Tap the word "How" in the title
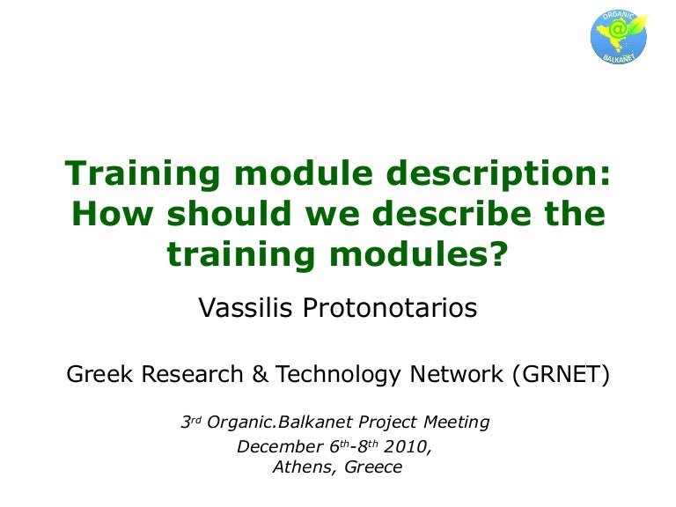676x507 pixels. coord(104,214)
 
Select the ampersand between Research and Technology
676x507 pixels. coord(260,374)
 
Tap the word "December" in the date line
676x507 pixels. coord(275,446)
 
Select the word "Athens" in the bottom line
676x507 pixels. coord(304,468)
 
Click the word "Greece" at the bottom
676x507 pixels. coord(373,468)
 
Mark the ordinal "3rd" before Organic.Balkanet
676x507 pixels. coord(192,422)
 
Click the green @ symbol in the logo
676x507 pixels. coord(619,29)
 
